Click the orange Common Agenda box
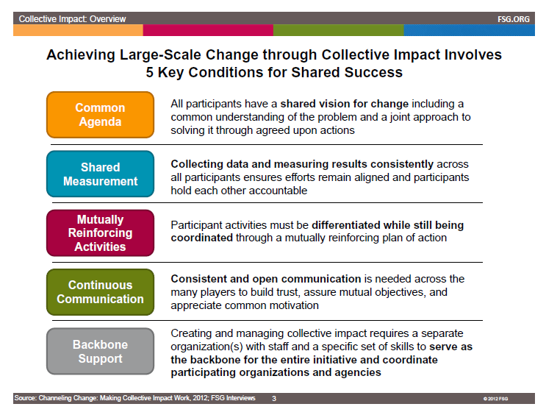click(100, 115)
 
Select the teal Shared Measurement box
click(100, 174)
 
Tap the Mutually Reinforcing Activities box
click(100, 233)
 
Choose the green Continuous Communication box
click(100, 292)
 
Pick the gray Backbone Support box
click(100, 352)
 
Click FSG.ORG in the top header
click(512, 18)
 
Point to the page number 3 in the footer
click(273, 398)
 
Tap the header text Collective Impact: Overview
click(72, 18)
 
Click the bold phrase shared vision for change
click(345, 104)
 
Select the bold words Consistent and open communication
click(265, 279)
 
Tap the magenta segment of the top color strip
click(208, 31)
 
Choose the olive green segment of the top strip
click(338, 31)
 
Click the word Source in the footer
click(25, 398)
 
